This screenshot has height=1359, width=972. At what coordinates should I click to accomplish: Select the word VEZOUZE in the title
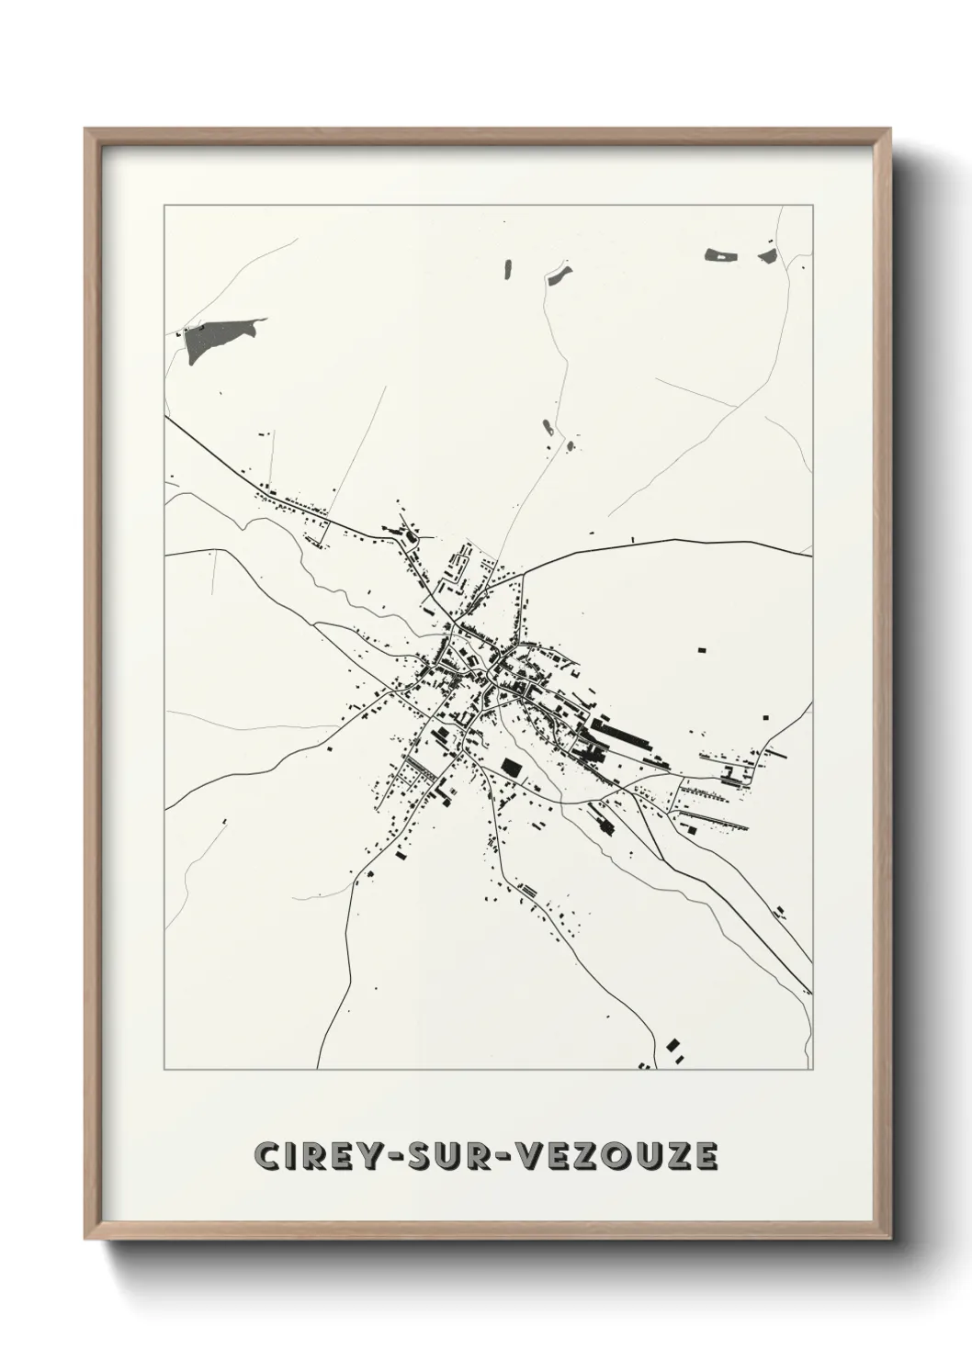click(x=615, y=1157)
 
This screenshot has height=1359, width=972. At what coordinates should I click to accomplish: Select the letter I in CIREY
click(x=292, y=1157)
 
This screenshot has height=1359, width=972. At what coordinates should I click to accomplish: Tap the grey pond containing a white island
click(x=719, y=254)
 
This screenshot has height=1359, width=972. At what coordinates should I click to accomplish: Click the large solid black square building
click(x=511, y=766)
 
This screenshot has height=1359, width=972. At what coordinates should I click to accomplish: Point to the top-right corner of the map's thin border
click(x=812, y=206)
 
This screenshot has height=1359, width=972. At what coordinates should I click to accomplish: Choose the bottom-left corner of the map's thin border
click(x=164, y=1070)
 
